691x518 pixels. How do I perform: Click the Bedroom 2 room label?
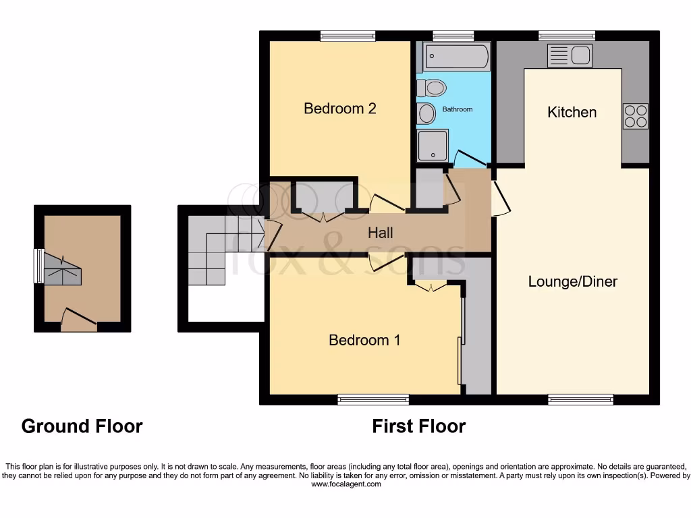pyautogui.click(x=339, y=109)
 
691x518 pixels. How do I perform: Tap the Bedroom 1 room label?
pyautogui.click(x=364, y=340)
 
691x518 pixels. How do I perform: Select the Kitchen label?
pyautogui.click(x=572, y=112)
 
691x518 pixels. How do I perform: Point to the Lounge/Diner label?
pyautogui.click(x=572, y=281)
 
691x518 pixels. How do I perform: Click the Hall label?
pyautogui.click(x=381, y=233)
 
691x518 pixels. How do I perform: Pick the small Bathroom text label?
pyautogui.click(x=457, y=109)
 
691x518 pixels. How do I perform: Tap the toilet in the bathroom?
pyautogui.click(x=431, y=88)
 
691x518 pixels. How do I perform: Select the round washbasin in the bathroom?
pyautogui.click(x=426, y=113)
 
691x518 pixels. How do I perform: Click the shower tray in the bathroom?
pyautogui.click(x=432, y=145)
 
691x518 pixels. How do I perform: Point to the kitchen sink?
pyautogui.click(x=570, y=55)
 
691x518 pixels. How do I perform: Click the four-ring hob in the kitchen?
pyautogui.click(x=635, y=116)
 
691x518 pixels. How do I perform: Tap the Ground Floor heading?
pyautogui.click(x=82, y=426)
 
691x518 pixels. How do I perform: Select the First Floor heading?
pyautogui.click(x=418, y=426)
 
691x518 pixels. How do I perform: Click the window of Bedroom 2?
pyautogui.click(x=348, y=36)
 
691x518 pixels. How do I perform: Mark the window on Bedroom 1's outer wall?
pyautogui.click(x=373, y=400)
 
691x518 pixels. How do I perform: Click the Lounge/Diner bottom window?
pyautogui.click(x=580, y=400)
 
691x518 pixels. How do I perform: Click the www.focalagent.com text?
pyautogui.click(x=345, y=484)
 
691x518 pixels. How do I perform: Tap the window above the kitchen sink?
pyautogui.click(x=567, y=36)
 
